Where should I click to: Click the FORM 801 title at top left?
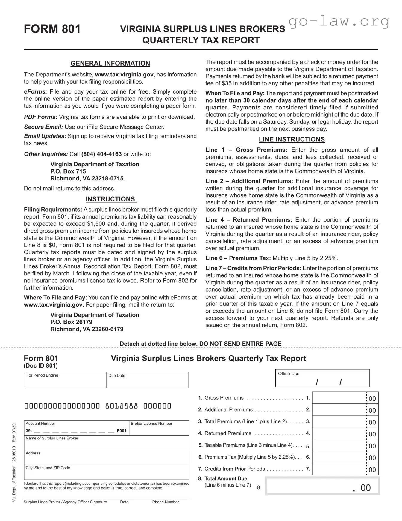tap(52, 29)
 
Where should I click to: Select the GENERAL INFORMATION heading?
tap(110, 64)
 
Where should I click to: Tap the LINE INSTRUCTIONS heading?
tap(292, 139)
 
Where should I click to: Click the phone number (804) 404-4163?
tap(101, 154)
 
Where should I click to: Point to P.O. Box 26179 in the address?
tap(71, 322)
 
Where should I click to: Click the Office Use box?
tap(322, 379)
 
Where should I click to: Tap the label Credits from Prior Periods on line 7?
tap(234, 469)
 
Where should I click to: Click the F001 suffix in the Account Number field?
tap(122, 431)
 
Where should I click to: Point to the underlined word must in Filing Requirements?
tap(89, 252)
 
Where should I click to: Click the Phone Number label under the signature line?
tap(165, 502)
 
